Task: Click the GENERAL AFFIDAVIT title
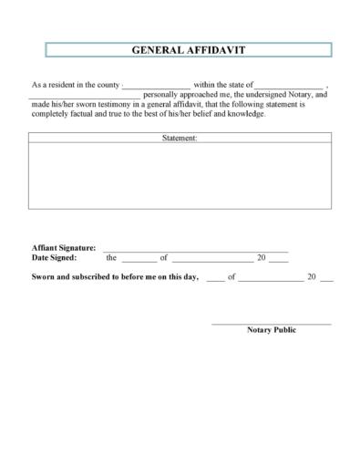[x=180, y=50]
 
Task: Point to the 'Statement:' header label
[x=180, y=139]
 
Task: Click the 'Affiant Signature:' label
[x=64, y=248]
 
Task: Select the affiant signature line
[x=195, y=250]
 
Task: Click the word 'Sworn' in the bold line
[x=45, y=276]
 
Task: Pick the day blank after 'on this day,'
[x=215, y=279]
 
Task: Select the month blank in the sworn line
[x=271, y=279]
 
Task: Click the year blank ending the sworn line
[x=327, y=279]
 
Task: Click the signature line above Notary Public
[x=272, y=324]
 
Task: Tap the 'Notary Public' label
[x=272, y=330]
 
